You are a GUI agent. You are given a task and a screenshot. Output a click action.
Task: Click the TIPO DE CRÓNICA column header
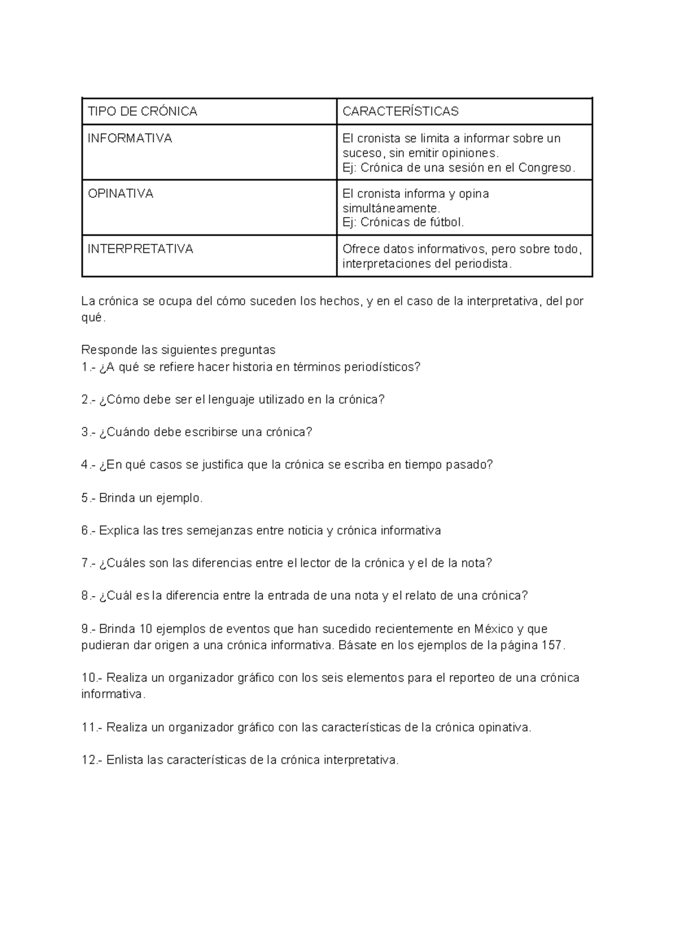coord(142,112)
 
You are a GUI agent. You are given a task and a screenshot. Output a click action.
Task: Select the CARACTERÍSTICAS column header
coord(400,112)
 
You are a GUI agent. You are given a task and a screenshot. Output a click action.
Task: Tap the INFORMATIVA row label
coord(130,138)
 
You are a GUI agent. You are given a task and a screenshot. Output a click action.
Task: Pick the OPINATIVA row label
coord(121,193)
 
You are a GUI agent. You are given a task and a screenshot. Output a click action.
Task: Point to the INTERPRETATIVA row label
coord(140,249)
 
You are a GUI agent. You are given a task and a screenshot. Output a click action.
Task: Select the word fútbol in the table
coord(446,223)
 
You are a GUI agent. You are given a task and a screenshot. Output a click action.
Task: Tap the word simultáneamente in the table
coord(388,208)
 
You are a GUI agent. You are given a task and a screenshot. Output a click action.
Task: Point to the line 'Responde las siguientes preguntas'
coord(178,350)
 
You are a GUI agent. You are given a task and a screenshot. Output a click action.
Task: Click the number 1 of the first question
coord(84,367)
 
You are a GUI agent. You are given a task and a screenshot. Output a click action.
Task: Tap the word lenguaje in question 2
coord(231,400)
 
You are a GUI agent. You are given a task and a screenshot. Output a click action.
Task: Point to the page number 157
coord(552,645)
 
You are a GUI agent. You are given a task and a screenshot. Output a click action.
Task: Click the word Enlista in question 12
coord(124,760)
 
